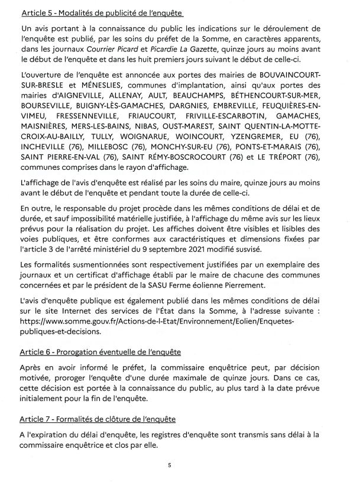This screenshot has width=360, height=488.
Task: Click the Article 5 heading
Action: coord(101,12)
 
